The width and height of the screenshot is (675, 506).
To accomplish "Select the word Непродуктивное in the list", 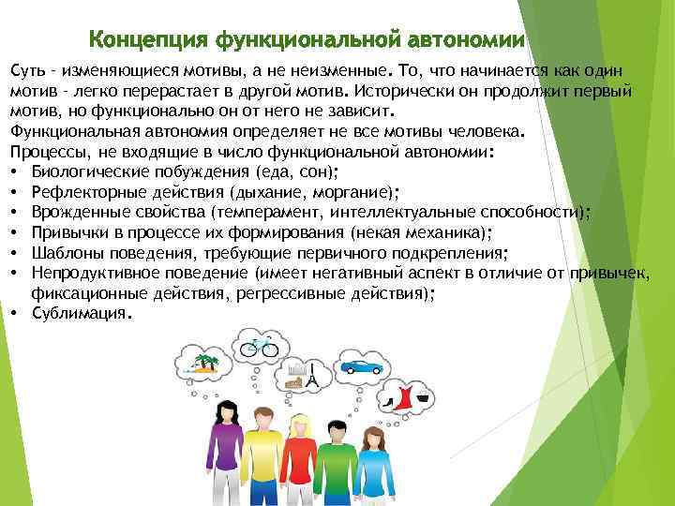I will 92,273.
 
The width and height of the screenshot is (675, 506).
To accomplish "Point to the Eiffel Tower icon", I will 314,377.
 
